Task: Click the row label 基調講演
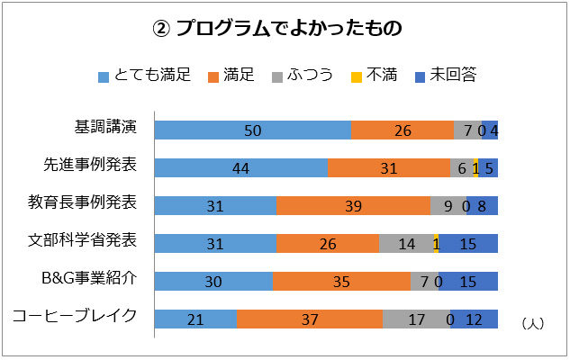(105, 127)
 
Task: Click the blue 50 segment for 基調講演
(252, 130)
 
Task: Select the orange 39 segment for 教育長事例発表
(353, 205)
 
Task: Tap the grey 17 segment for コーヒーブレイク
(416, 319)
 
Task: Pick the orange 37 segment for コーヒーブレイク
(310, 319)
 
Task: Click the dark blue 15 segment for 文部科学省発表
(468, 243)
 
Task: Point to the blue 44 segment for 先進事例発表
(240, 167)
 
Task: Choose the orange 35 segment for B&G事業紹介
(341, 281)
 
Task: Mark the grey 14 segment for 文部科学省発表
(406, 243)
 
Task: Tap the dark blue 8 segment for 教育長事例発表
(482, 205)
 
